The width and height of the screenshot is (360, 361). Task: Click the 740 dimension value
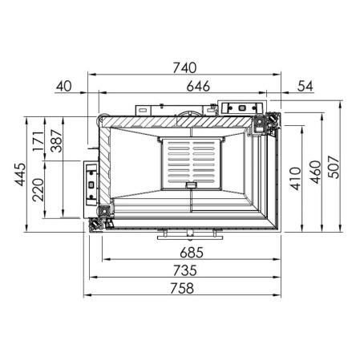click(x=184, y=67)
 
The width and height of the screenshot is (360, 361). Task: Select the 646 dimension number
click(x=198, y=87)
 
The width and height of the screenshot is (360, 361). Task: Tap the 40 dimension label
click(x=64, y=87)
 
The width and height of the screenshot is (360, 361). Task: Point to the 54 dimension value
click(x=305, y=87)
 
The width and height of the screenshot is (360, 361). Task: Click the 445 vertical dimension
click(x=20, y=174)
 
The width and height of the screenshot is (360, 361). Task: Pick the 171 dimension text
click(x=38, y=141)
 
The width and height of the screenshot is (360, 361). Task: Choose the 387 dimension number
click(x=56, y=141)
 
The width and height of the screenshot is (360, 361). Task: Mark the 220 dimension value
click(x=38, y=189)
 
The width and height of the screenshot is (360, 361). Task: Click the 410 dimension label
click(x=296, y=179)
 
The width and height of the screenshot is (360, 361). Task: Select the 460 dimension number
click(x=316, y=172)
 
